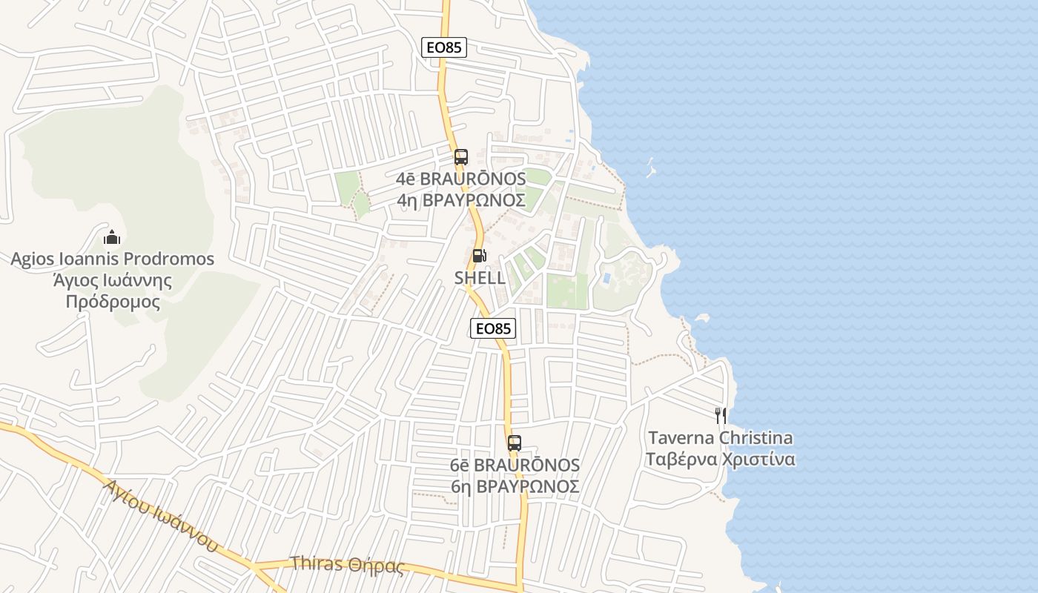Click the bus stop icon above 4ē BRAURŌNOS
click(x=461, y=157)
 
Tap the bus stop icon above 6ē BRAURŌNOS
click(x=515, y=443)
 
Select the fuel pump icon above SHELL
click(x=480, y=256)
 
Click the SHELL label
click(x=480, y=278)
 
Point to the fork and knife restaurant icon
click(x=720, y=416)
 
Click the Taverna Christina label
click(x=720, y=438)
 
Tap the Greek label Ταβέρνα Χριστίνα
click(x=720, y=460)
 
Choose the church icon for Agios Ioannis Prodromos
click(x=112, y=237)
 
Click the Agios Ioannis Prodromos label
click(x=112, y=259)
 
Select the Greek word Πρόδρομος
click(x=113, y=302)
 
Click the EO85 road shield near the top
click(x=444, y=47)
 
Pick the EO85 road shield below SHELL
click(x=493, y=328)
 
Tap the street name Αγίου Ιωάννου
click(x=162, y=516)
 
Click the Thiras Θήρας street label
click(x=348, y=566)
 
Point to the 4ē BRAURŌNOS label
click(x=461, y=179)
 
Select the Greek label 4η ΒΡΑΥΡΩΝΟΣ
click(x=461, y=200)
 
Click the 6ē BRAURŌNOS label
click(x=515, y=465)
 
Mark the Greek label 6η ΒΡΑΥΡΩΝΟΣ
click(x=515, y=487)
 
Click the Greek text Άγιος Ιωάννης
click(x=113, y=281)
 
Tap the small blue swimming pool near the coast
click(x=607, y=279)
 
